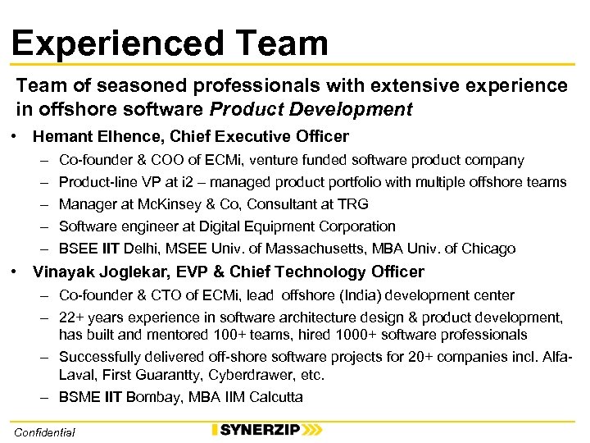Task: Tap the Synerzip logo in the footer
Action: pos(266,430)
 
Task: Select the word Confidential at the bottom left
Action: pos(45,432)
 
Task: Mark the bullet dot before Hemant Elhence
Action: pos(16,136)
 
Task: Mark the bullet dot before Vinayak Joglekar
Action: pos(16,272)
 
